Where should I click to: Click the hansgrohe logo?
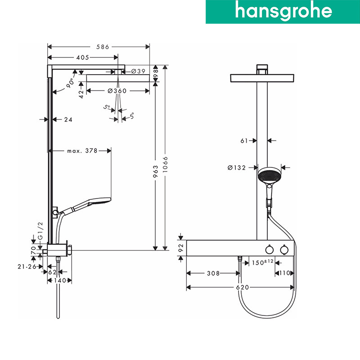click(x=283, y=12)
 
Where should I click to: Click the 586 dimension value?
click(x=103, y=47)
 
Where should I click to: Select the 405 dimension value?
click(x=83, y=58)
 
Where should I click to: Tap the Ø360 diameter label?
click(x=117, y=91)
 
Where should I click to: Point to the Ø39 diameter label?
click(x=138, y=72)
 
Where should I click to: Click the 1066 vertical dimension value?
click(x=165, y=164)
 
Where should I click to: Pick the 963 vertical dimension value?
click(x=155, y=171)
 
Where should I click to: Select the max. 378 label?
click(x=82, y=151)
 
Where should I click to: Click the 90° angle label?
click(x=70, y=83)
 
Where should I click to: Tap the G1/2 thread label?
click(x=40, y=231)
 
